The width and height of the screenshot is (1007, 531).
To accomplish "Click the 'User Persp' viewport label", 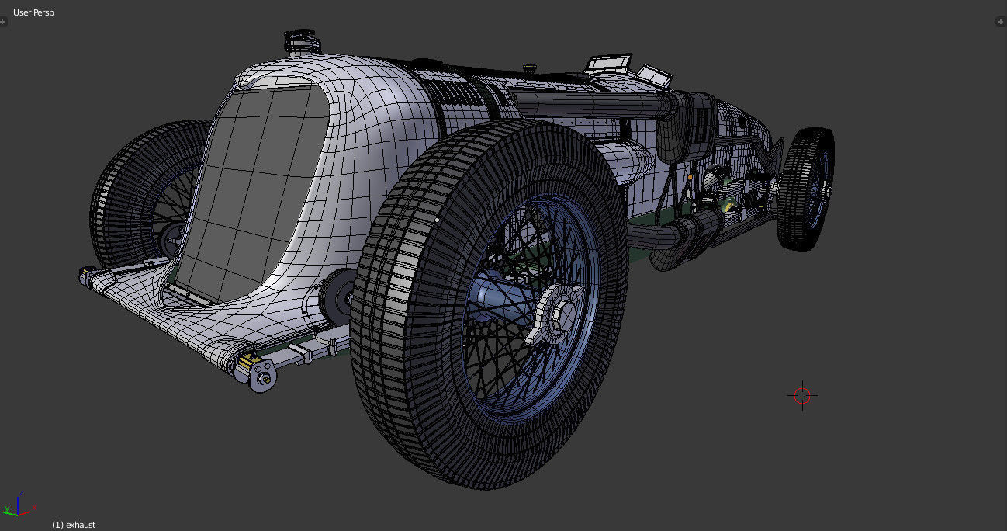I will pos(33,12).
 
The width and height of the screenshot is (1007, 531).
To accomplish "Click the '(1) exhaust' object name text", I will pos(74,525).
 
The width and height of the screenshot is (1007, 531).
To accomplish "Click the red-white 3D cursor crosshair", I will pos(802,395).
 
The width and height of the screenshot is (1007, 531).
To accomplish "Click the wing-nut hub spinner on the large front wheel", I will pos(555,311).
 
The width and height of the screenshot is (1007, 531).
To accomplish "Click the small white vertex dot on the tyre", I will pos(438,220).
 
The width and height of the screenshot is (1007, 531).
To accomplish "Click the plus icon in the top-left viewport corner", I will pos(4,22).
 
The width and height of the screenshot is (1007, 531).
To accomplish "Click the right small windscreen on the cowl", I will pos(656,75).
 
